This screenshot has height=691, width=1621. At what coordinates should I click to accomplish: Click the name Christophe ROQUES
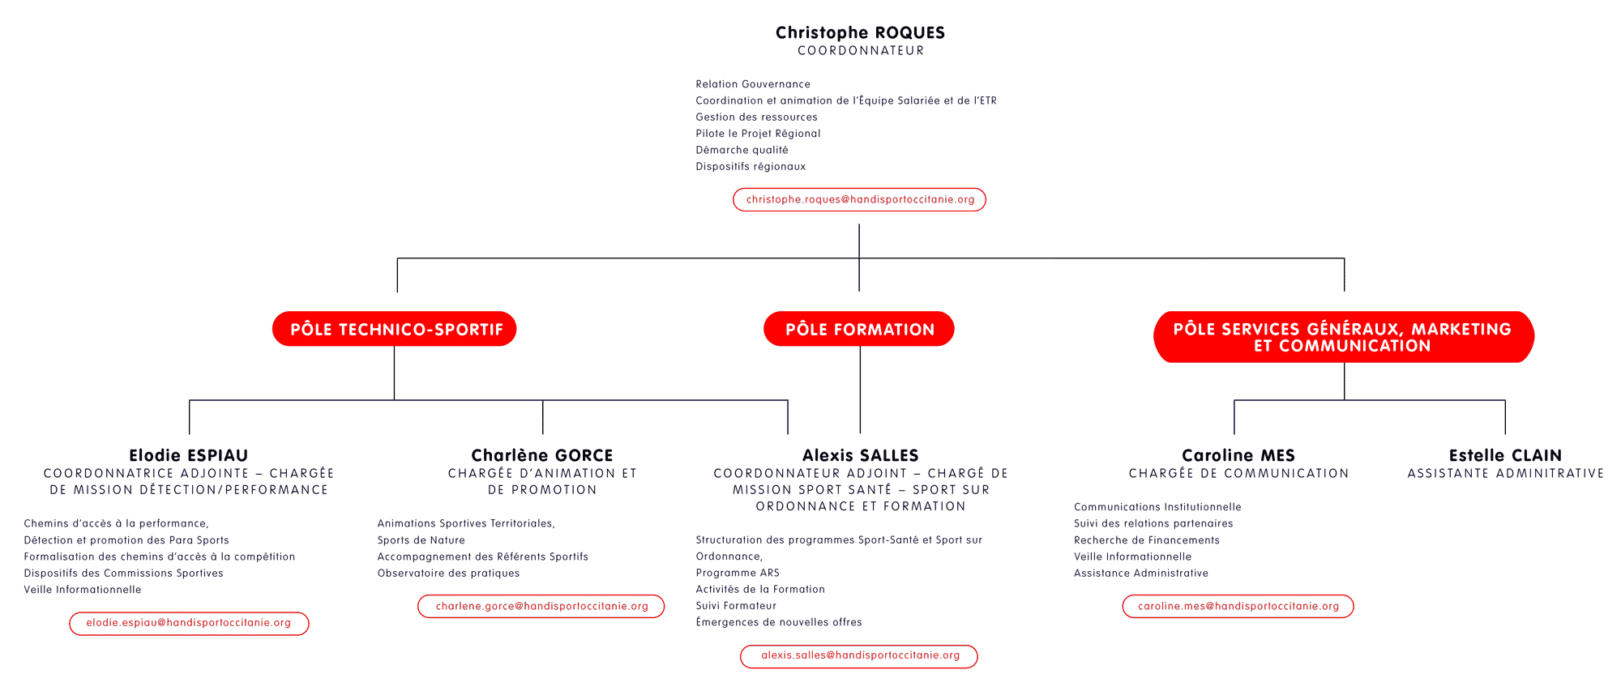860,33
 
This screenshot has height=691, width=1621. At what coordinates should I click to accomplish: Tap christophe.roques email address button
859,199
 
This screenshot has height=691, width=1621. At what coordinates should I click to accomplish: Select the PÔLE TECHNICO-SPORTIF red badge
395,329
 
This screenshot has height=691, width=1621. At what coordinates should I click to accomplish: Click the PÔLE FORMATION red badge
859,329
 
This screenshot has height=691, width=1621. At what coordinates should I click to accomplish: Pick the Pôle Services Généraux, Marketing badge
1343,337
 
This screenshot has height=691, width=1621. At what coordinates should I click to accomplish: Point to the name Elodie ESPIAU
189,455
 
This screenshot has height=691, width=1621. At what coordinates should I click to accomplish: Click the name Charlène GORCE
542,455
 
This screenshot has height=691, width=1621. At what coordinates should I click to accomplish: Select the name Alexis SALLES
861,455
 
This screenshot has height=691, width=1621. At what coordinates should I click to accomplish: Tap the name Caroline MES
1238,455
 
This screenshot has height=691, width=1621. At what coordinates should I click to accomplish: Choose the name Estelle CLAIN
1505,455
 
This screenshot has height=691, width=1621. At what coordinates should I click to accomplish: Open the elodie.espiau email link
189,623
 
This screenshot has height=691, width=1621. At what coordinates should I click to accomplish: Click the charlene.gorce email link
541,606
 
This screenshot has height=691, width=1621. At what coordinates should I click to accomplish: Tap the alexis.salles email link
859,656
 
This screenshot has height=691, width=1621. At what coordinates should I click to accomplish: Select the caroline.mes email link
1238,606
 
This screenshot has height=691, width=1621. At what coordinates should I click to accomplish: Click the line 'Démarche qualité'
742,150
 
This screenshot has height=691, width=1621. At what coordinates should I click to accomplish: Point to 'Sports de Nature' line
421,540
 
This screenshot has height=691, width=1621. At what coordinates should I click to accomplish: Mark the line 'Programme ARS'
738,573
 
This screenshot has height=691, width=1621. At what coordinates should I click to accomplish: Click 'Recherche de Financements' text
1147,540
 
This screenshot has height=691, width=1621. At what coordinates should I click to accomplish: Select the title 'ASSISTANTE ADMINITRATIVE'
1506,473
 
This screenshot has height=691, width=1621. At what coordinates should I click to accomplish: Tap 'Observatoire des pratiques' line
449,573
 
